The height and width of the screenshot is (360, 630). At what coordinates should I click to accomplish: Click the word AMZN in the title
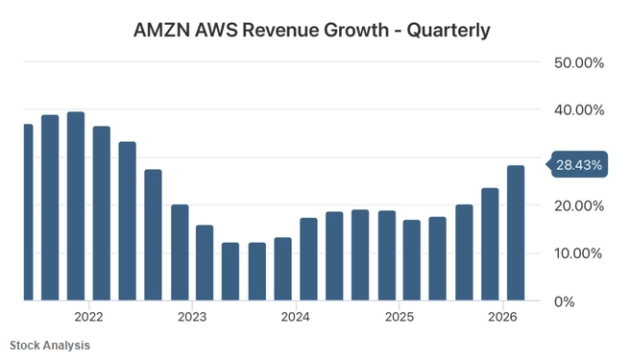[162, 30]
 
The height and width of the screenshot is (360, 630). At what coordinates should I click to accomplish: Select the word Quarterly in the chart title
[448, 31]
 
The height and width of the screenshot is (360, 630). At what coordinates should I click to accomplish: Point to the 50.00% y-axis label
[579, 63]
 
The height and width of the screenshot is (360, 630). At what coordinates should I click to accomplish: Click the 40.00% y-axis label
[579, 110]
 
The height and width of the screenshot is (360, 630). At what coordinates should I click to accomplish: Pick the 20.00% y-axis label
[579, 206]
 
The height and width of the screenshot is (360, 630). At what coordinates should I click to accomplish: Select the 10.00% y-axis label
[578, 253]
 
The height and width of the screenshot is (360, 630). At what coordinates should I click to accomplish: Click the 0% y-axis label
[565, 301]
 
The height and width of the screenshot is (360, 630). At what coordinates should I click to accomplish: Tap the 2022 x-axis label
[88, 317]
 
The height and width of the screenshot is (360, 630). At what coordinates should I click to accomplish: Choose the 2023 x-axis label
[192, 317]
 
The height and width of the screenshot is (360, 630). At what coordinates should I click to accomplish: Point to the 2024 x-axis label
[296, 317]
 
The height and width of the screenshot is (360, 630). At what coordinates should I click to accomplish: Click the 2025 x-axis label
[400, 317]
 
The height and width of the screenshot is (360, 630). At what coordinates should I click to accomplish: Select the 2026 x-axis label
[502, 317]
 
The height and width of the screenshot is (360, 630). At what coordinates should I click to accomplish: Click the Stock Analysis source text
[50, 346]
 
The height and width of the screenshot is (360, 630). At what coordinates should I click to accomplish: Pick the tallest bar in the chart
[76, 206]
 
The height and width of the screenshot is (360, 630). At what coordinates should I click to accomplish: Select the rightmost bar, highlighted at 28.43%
[516, 233]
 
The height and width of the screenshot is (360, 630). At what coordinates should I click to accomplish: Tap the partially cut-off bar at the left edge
[28, 212]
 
